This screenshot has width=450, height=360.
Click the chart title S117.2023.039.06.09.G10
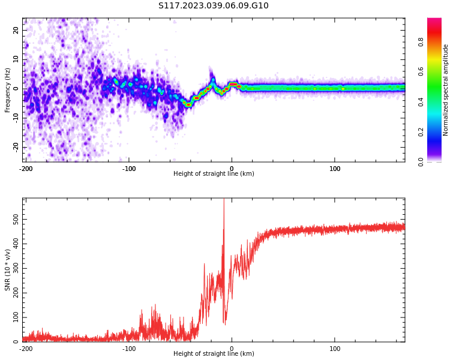[x=214, y=6]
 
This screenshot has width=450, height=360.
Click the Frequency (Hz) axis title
[x=8, y=90]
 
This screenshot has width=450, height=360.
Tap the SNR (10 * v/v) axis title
[x=8, y=269]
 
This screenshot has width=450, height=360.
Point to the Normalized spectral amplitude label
[x=446, y=90]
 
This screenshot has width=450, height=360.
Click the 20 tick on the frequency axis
[x=16, y=30]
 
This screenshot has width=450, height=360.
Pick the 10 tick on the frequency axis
[x=16, y=59]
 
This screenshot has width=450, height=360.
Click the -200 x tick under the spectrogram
[x=26, y=169]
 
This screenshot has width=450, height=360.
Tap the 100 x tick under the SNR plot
[x=335, y=349]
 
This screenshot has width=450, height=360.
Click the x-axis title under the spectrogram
[x=214, y=174]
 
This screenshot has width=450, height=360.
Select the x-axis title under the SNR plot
[x=214, y=354]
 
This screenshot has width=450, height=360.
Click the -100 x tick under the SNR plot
[x=128, y=349]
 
